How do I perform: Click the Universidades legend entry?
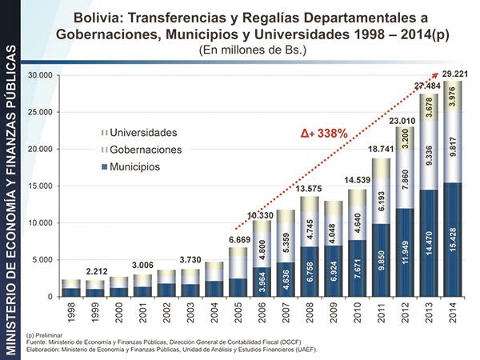[x=142, y=132]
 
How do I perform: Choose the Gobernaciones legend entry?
[x=146, y=150]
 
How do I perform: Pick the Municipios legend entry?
[x=135, y=167]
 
